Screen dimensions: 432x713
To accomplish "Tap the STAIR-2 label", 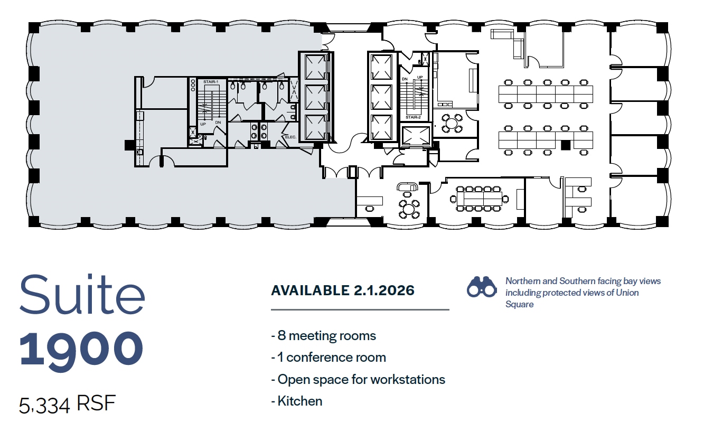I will (x=412, y=117).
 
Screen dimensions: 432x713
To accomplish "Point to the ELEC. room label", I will (x=291, y=137).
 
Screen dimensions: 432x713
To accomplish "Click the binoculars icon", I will (x=481, y=287).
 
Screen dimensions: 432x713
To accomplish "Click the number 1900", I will (x=82, y=349).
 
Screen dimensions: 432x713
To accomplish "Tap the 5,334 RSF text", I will (x=67, y=405).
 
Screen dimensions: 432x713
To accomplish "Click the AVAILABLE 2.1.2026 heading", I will (x=342, y=290).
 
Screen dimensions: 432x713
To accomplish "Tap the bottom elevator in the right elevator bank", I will (x=381, y=127).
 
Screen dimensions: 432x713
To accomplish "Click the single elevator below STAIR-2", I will (x=415, y=136).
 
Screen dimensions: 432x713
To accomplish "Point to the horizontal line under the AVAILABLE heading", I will (x=360, y=309).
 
